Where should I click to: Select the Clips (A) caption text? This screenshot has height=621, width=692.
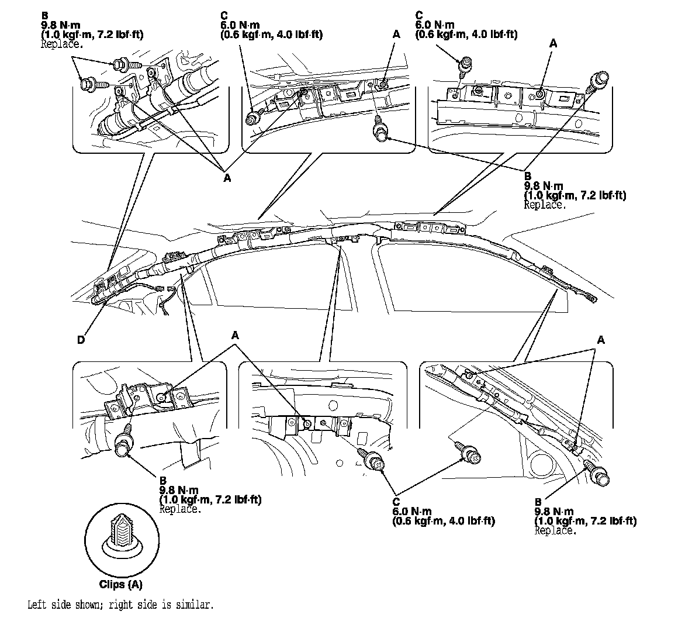tap(121, 584)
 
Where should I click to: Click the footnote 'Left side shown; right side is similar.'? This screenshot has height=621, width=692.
tap(120, 604)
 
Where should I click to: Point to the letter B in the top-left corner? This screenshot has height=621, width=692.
tap(44, 14)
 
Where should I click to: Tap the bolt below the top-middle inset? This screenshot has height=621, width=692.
tap(380, 131)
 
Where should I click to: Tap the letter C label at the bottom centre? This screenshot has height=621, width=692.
tap(396, 502)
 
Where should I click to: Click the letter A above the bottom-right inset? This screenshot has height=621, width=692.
tap(600, 340)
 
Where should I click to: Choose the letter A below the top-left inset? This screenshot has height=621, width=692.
tap(227, 178)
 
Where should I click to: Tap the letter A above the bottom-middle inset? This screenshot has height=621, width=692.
tap(236, 336)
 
